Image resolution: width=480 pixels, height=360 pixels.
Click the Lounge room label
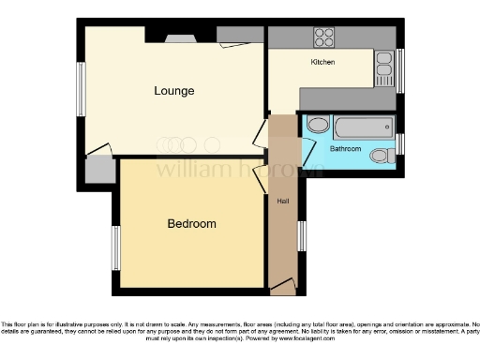point(174,91)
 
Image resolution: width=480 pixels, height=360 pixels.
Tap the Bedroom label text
point(191,224)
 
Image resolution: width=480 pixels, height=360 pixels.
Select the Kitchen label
point(323,62)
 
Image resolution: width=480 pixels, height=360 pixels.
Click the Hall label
point(281,201)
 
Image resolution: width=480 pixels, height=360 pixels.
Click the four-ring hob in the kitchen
point(323,37)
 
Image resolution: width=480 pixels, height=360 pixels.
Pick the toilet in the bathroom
point(382,156)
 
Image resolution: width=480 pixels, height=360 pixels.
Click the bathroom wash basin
point(318,125)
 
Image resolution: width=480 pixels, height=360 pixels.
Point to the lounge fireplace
point(178,38)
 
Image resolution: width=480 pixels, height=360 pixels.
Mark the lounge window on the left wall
point(82,89)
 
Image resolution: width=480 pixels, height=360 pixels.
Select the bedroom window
point(116,247)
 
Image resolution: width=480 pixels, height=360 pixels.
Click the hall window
point(301,234)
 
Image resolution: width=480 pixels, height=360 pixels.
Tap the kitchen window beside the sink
point(399,69)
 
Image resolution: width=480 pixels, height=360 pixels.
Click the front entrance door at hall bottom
point(282,284)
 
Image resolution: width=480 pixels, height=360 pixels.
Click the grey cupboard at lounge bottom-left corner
point(98,171)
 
